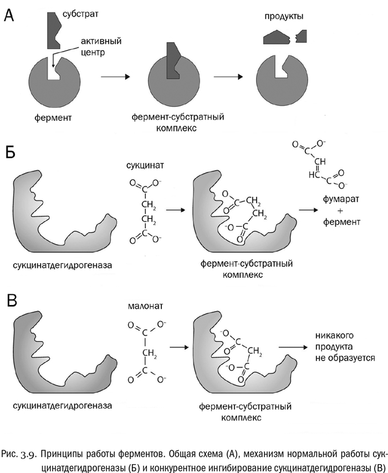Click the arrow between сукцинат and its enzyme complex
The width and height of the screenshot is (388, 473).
(x=176, y=211)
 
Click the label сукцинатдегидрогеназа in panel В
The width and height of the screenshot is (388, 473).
(x=62, y=405)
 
